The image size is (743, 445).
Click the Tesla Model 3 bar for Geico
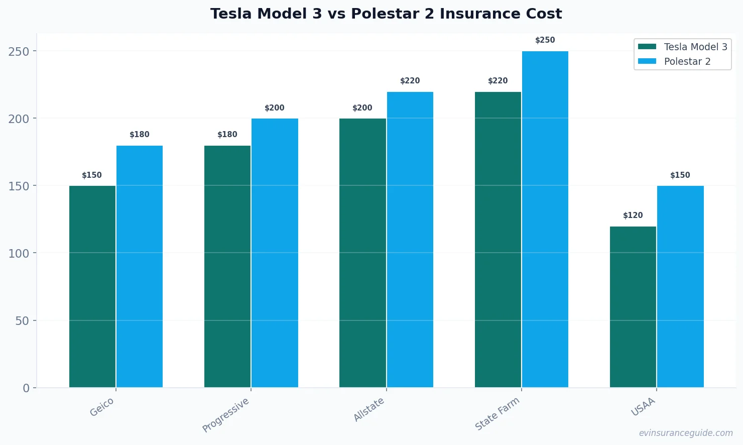pos(92,286)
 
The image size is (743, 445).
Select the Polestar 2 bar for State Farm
pos(545,219)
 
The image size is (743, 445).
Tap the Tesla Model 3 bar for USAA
pos(633,307)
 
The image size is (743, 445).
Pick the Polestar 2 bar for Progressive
pos(275,253)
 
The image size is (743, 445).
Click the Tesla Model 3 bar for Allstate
pos(362,253)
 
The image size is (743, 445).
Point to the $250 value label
pos(545,40)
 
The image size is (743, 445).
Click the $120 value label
pos(633,215)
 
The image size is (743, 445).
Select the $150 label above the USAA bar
pos(680,175)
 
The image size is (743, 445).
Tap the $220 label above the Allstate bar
pos(410,81)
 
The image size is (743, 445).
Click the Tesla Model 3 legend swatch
pos(647,47)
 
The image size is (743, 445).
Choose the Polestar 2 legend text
pos(687,61)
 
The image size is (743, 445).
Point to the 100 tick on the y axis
pos(19,253)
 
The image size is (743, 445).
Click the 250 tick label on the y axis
pos(19,51)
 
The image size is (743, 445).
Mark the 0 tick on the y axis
pos(26,388)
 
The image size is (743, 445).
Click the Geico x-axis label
pos(102,407)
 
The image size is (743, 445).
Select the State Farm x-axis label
pos(497,413)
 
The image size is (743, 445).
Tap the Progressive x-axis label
pos(226,415)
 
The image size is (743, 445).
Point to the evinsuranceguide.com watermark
pos(686,433)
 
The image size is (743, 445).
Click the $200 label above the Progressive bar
pos(275,108)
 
